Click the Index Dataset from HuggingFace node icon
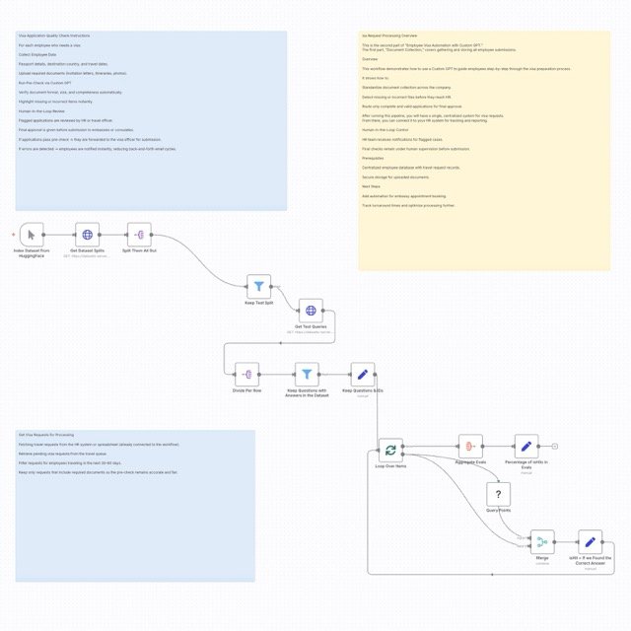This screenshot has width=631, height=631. click(x=32, y=236)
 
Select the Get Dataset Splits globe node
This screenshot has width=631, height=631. click(x=88, y=236)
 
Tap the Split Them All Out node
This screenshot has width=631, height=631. click(x=140, y=236)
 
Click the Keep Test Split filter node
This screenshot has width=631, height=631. click(x=259, y=287)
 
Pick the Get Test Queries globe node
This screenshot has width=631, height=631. click(x=311, y=312)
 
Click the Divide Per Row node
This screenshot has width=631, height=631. click(x=247, y=375)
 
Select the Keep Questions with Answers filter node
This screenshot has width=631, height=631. click(x=308, y=375)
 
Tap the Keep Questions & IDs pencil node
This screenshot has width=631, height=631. click(x=363, y=375)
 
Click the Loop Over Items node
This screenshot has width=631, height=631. click(x=391, y=449)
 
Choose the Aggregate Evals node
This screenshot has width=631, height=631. click(x=471, y=448)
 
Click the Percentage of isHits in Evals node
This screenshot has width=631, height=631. click(x=526, y=448)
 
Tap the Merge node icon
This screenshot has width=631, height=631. click(x=541, y=541)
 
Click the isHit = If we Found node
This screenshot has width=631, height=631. click(x=590, y=541)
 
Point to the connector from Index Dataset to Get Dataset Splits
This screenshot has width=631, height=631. click(x=60, y=236)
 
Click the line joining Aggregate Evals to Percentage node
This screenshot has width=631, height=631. click(x=499, y=448)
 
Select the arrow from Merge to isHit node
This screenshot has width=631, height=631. click(x=566, y=541)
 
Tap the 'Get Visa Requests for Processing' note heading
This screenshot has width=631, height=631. click(x=46, y=435)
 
